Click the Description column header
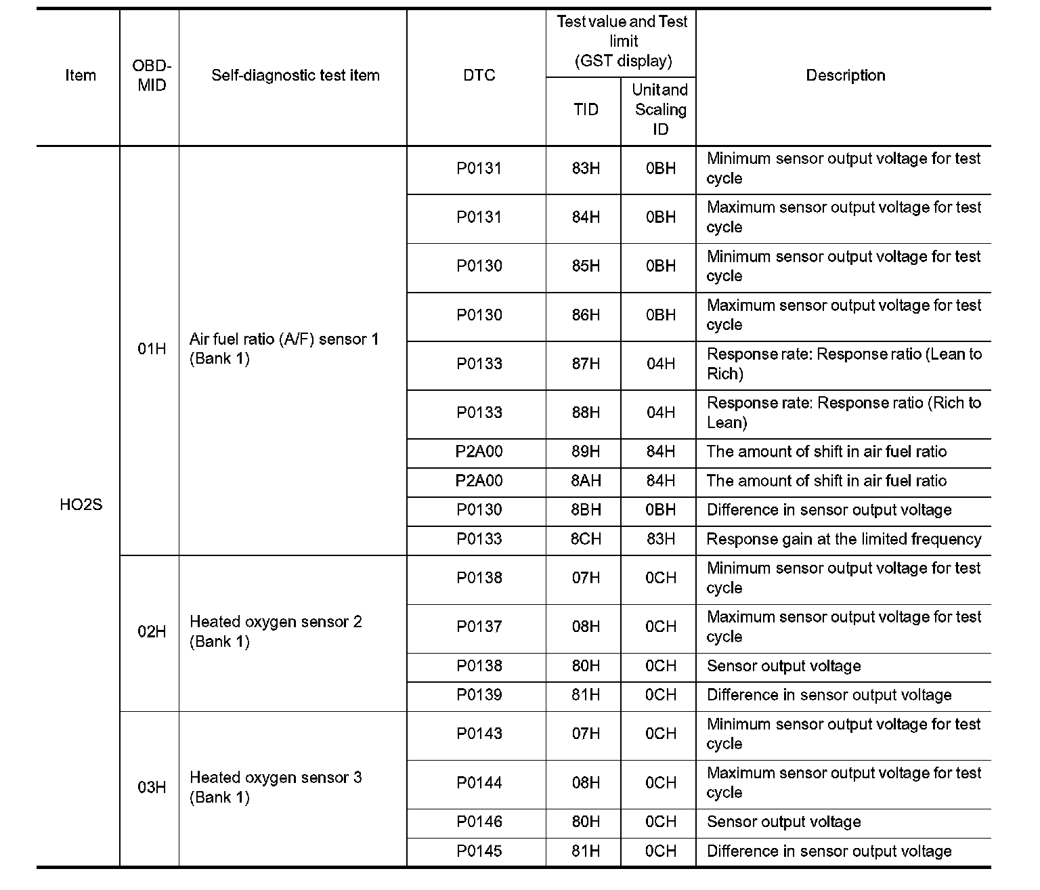(x=845, y=75)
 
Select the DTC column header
(x=479, y=75)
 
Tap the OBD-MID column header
(x=152, y=75)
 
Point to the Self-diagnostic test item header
(x=295, y=75)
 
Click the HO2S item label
(x=81, y=505)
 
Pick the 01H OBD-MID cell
(x=152, y=349)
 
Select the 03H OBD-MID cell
(x=152, y=787)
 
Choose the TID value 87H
(x=586, y=364)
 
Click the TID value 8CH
(x=586, y=539)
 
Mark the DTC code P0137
(x=479, y=627)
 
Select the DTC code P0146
(x=479, y=822)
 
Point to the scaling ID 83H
(x=660, y=539)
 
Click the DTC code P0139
(x=479, y=695)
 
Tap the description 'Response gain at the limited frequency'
(x=844, y=539)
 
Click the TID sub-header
(x=586, y=110)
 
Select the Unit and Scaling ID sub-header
(x=660, y=110)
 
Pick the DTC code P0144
(x=479, y=783)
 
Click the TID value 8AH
(x=586, y=481)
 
